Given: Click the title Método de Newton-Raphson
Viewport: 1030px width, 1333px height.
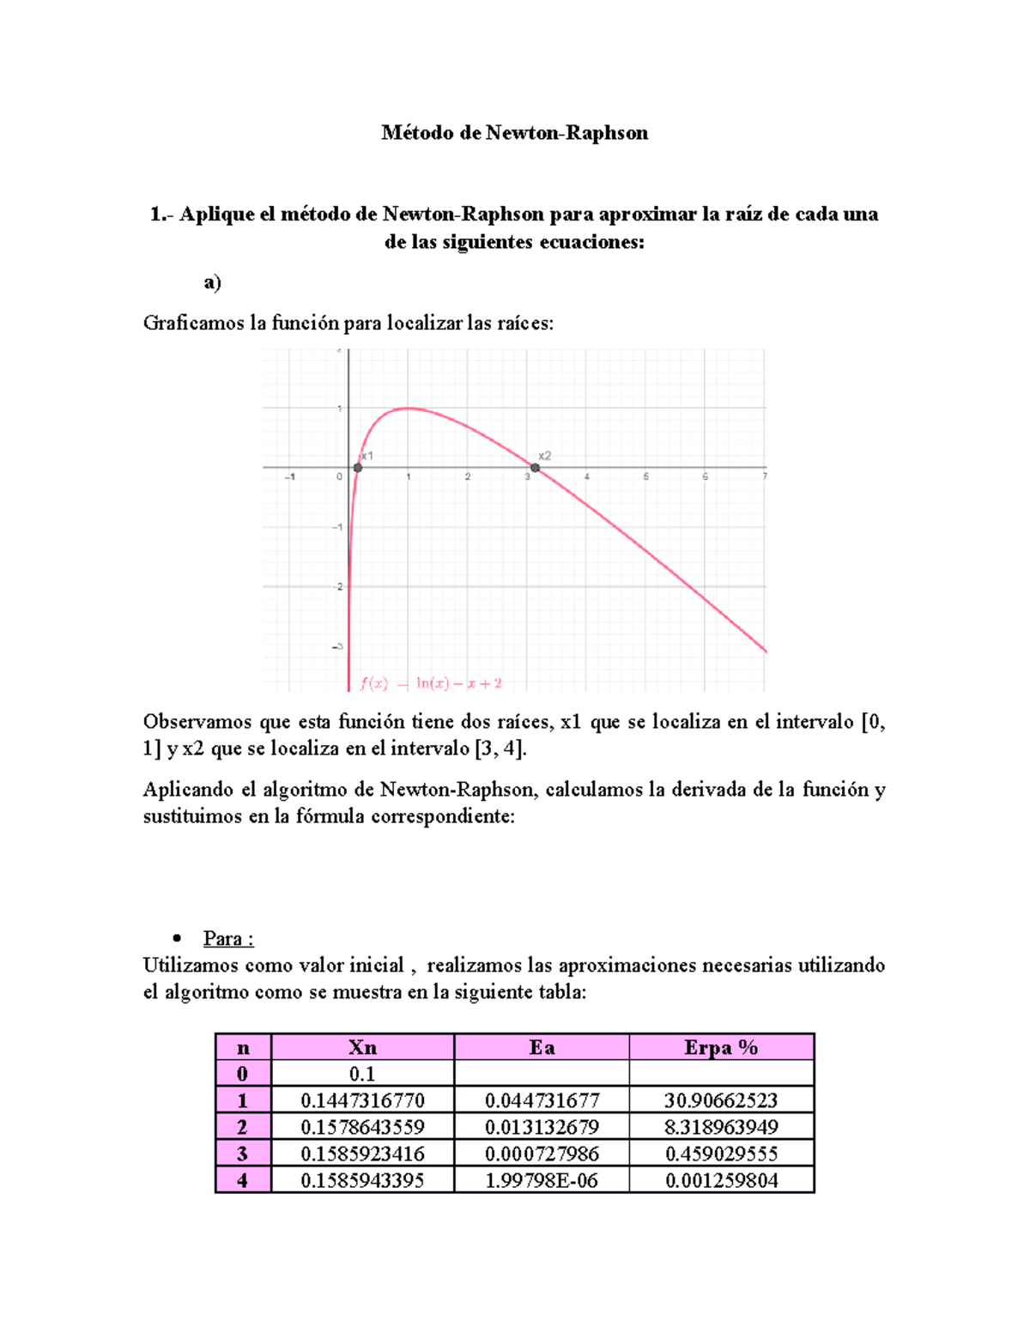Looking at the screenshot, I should coord(514,133).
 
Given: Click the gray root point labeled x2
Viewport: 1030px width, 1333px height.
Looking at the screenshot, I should coord(535,468).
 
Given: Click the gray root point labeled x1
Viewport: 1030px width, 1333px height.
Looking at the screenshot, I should coord(358,468).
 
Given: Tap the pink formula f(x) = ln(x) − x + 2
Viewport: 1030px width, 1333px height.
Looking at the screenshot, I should coord(431,684).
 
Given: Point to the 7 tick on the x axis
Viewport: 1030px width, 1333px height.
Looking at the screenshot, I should coord(764,476).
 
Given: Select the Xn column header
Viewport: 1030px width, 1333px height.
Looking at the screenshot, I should coord(362,1047).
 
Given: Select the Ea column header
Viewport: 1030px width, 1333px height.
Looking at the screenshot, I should coord(542,1047).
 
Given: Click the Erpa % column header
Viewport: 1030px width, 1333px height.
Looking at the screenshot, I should coord(721,1047).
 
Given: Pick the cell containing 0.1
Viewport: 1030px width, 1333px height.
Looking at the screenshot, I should coord(362,1074).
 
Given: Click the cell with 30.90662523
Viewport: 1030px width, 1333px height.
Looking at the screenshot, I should coord(721,1100).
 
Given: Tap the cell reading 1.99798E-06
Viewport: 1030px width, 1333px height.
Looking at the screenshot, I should coord(542,1180).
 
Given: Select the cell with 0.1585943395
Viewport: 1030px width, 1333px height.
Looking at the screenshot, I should coord(362,1180).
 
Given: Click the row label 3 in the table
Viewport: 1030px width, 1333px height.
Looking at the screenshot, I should coord(243,1154).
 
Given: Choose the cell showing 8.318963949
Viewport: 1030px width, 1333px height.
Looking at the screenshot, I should coord(721,1127).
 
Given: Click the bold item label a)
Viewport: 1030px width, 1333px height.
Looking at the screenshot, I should coord(212,282).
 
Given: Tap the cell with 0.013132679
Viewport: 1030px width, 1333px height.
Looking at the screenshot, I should coord(542,1127).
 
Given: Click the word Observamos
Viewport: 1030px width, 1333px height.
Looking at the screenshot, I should coord(193,722).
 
